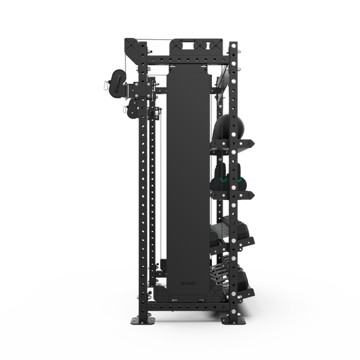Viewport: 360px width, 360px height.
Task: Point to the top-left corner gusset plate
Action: tap(131, 49)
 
